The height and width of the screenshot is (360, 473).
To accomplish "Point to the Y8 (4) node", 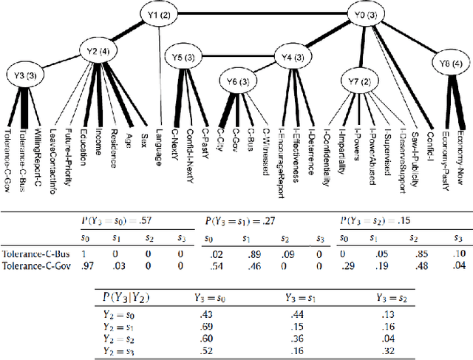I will click(449, 63).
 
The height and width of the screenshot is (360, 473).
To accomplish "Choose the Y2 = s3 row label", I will click(119, 350).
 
